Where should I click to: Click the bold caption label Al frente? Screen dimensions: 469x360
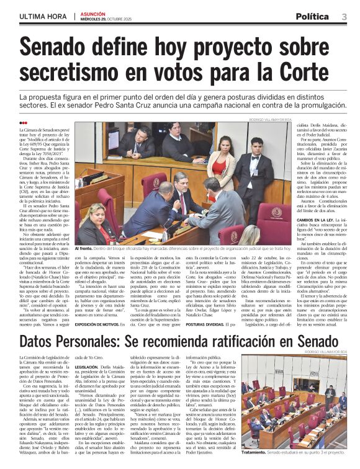click(83, 248)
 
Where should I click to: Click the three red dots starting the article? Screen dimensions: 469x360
click(23, 123)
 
